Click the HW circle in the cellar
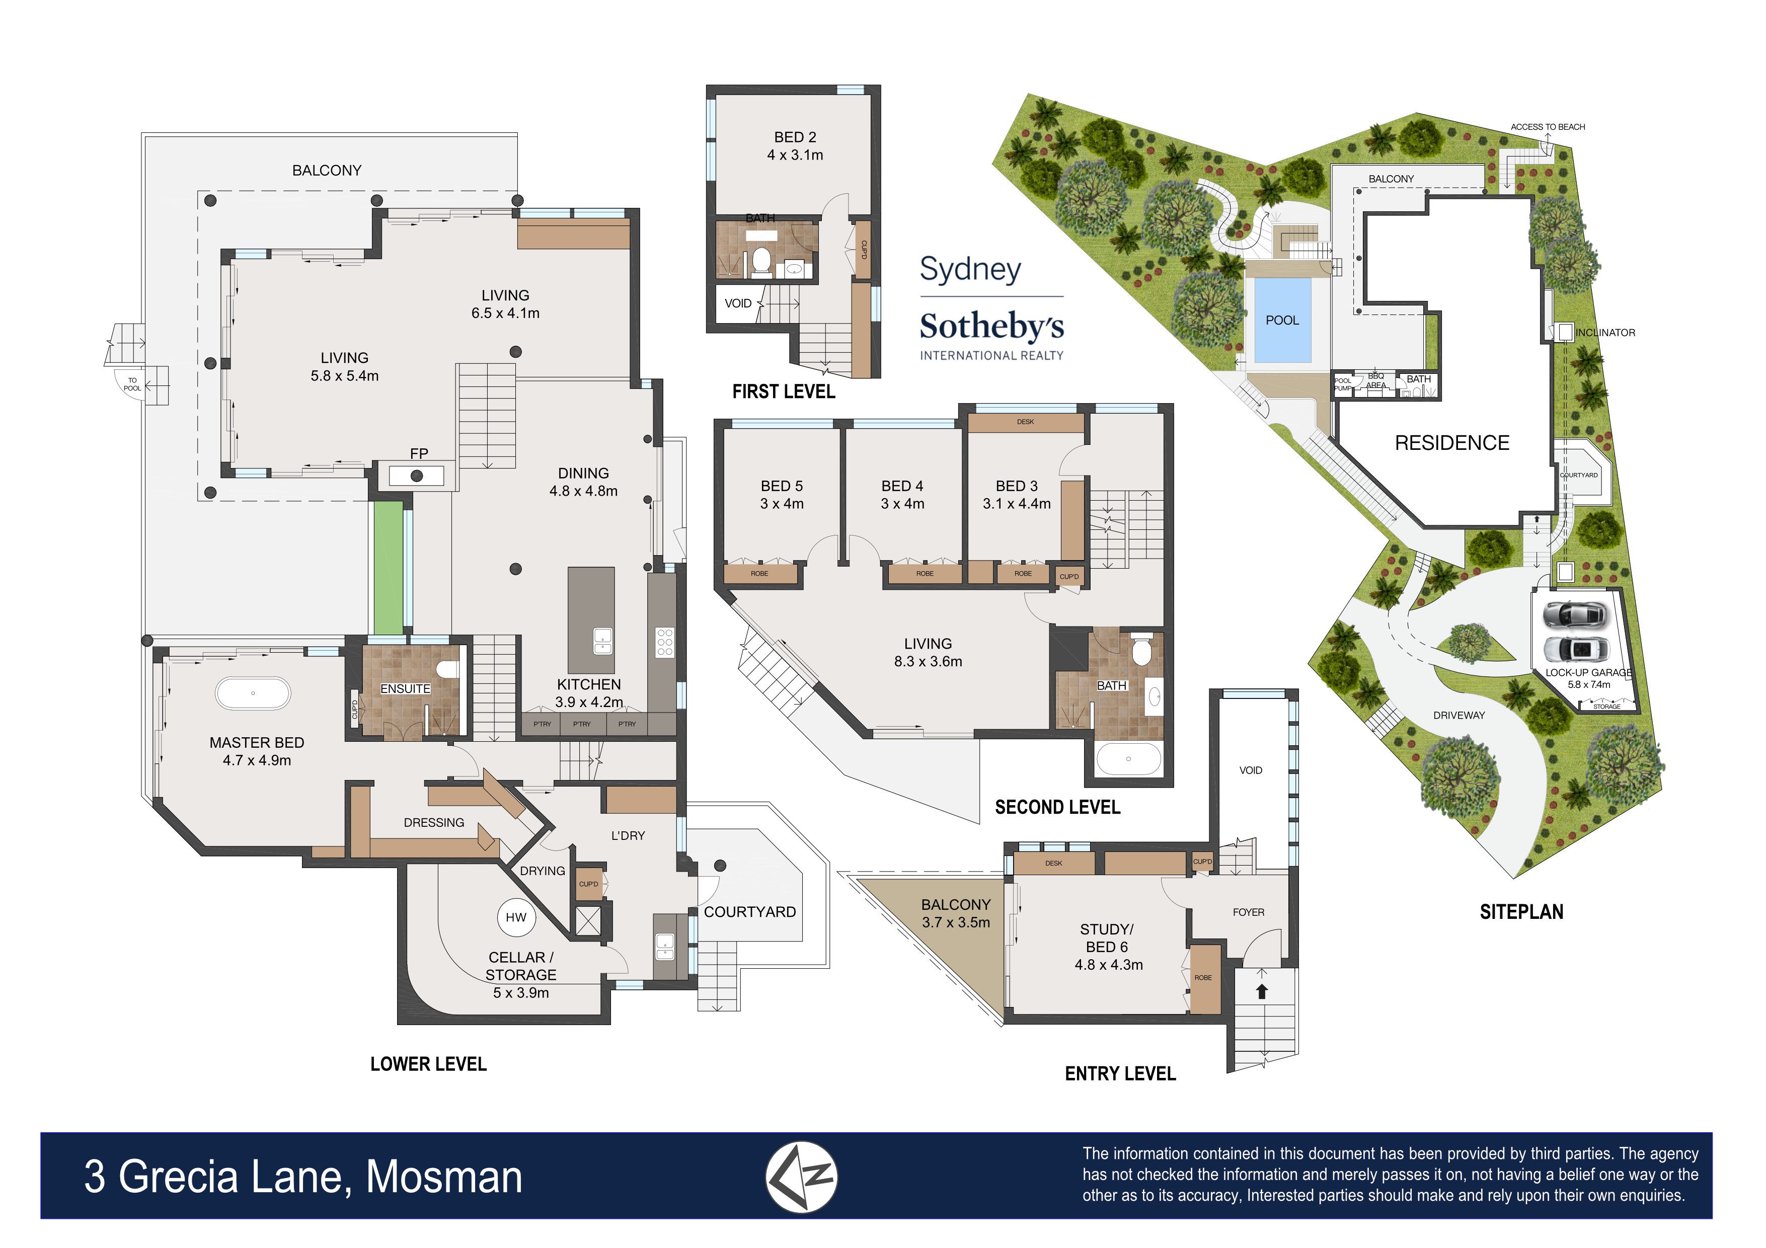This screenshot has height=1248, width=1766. coord(516,917)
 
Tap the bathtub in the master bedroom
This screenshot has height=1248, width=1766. coord(253,693)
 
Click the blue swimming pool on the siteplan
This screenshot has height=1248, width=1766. coord(1282,320)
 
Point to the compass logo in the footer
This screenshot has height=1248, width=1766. coord(801,1177)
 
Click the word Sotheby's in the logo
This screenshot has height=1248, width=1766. coord(991,326)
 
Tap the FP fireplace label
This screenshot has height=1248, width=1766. coord(418,454)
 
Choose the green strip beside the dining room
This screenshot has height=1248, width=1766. coord(389,568)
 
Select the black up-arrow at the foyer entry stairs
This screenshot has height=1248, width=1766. coord(1261,992)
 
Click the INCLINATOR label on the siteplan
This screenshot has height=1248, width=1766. coord(1605,333)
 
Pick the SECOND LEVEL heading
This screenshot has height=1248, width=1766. coord(1057,807)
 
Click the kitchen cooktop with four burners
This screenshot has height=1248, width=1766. coord(664,642)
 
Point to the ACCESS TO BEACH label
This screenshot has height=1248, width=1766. coord(1548,127)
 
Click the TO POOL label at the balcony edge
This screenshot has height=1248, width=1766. coord(132,384)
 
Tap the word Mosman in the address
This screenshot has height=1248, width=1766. coord(444,1177)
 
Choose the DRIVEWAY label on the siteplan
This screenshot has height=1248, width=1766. coord(1459,715)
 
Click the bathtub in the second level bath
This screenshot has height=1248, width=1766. coord(1128,759)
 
